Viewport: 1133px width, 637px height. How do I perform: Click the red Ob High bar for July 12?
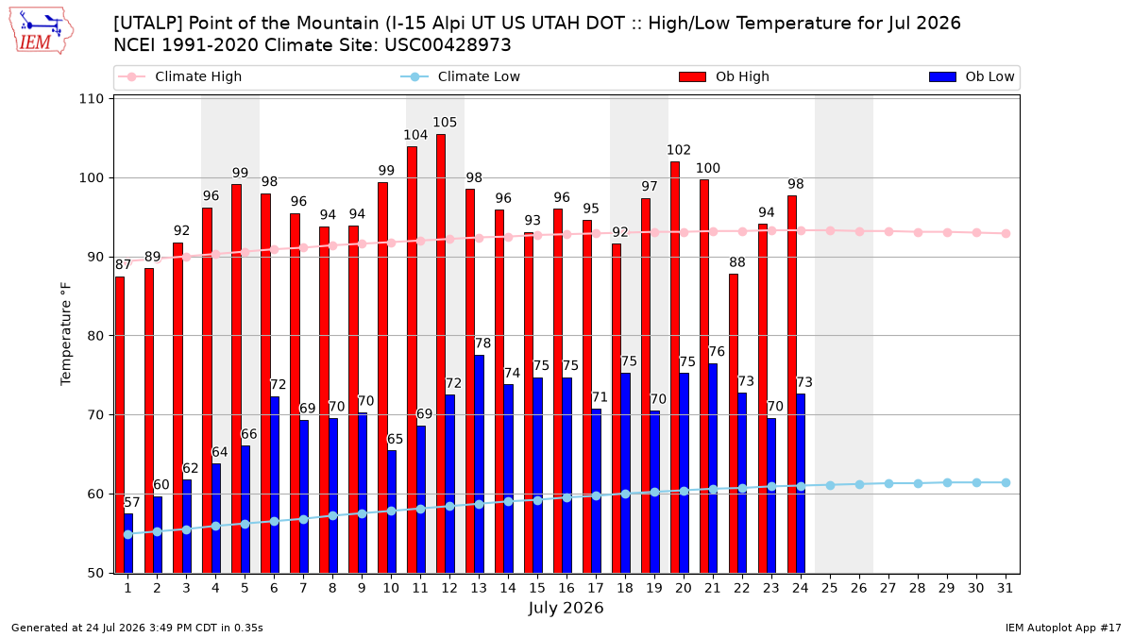(x=441, y=353)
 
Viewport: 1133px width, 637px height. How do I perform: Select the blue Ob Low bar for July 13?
(x=479, y=464)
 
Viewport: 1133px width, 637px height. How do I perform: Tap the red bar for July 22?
(x=734, y=424)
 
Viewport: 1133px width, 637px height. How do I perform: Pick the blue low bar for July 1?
(x=128, y=544)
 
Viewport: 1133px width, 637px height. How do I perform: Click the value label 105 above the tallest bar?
(x=445, y=123)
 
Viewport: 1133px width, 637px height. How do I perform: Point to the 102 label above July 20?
(x=678, y=150)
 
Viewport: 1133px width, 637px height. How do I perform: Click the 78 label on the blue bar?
(x=482, y=344)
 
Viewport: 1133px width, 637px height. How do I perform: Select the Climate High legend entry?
(x=179, y=76)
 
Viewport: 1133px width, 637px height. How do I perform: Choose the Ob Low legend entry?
(x=972, y=76)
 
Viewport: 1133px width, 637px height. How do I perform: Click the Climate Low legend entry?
(x=461, y=76)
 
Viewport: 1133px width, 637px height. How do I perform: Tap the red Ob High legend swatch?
(x=692, y=76)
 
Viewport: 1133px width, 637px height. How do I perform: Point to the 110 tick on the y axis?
(x=91, y=98)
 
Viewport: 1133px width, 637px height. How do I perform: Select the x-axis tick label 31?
(x=1005, y=588)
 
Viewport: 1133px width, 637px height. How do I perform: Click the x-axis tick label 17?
(x=596, y=588)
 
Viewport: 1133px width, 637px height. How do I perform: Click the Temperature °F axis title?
(x=66, y=334)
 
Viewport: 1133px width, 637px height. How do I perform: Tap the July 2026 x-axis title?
(x=566, y=608)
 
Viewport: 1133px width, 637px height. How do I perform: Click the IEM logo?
(x=42, y=31)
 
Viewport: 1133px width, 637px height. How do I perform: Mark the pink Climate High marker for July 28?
(x=918, y=232)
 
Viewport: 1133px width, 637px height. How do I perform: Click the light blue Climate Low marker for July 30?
(x=976, y=483)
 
